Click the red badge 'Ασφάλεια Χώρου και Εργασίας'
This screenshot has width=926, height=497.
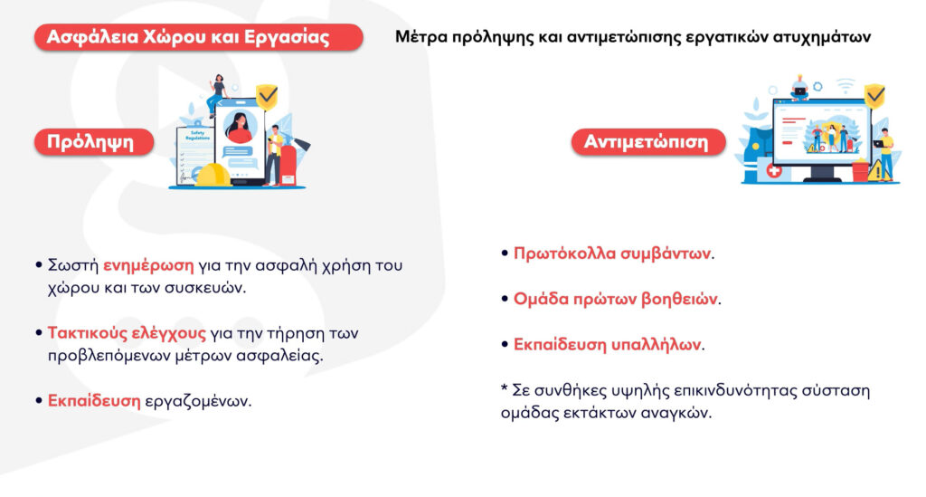click(x=198, y=37)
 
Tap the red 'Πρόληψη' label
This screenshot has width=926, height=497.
click(x=94, y=142)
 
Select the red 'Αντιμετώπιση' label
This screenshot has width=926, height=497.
click(x=647, y=142)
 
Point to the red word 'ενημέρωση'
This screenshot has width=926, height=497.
click(x=148, y=265)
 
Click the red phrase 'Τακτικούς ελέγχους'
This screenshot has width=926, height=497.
click(x=127, y=333)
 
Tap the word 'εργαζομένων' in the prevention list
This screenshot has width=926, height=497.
click(x=198, y=401)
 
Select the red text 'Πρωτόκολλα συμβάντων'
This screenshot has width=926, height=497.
click(x=612, y=253)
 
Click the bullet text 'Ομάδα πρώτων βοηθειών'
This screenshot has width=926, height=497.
click(x=615, y=299)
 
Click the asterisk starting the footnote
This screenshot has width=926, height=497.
click(x=505, y=388)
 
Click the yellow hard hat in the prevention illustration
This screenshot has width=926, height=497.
click(x=213, y=176)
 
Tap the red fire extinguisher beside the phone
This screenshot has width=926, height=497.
click(x=288, y=165)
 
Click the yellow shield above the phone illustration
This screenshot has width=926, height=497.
click(x=267, y=96)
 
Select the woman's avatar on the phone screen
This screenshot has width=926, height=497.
click(x=240, y=127)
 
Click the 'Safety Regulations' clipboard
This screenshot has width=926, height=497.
click(x=194, y=155)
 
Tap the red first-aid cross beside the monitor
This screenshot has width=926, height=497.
click(x=774, y=171)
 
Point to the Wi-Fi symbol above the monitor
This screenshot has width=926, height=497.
click(x=846, y=84)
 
